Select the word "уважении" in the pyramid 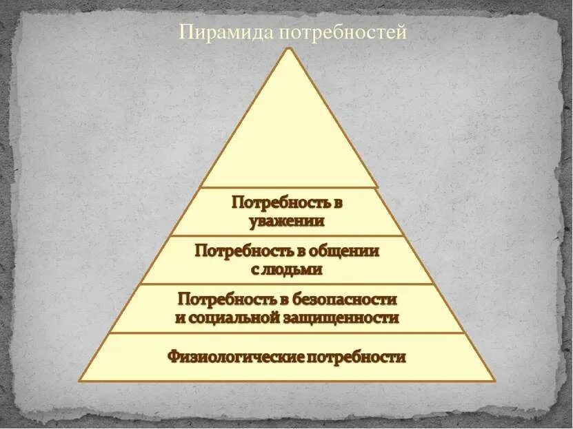coord(287,221)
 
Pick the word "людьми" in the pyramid coord(294,269)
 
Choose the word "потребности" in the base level coord(357,357)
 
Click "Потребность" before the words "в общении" coord(237,251)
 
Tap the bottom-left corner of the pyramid coord(80,380)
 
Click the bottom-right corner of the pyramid coord(494,380)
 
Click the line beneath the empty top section coord(288,187)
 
